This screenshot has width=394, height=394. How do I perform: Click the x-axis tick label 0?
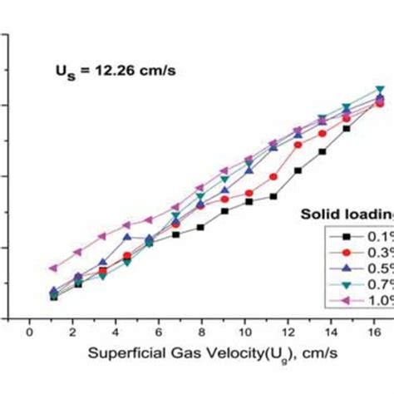point(31,332)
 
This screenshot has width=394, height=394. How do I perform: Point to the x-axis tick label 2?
point(73,332)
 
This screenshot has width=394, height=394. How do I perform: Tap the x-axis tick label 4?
point(116,332)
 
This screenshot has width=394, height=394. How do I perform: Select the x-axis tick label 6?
point(159,332)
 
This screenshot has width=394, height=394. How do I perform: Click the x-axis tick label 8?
point(202,332)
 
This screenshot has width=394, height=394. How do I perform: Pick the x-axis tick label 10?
point(244,332)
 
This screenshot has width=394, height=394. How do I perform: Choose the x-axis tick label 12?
point(288,332)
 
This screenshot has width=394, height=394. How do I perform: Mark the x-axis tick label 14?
point(330,332)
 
